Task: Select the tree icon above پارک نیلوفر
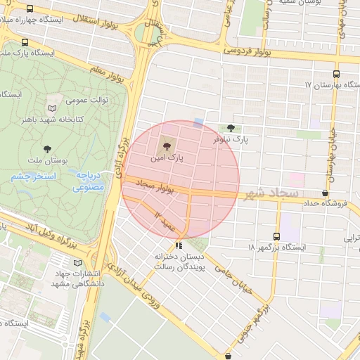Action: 231,127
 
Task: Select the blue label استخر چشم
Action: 33,176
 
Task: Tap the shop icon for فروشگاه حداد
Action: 325,193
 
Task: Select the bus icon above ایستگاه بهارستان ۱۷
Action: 335,73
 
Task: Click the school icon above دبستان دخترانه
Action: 179,245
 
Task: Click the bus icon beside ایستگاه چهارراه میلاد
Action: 30,10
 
